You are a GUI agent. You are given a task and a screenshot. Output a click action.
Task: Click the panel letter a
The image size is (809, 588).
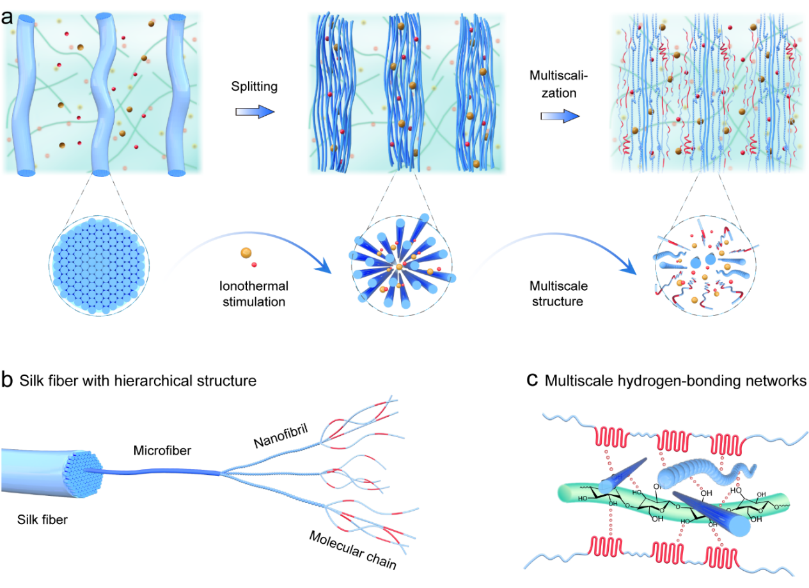(8, 17)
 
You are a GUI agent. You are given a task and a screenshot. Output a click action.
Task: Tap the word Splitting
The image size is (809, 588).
(255, 87)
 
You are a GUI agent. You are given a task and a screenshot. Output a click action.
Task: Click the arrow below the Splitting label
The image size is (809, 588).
(255, 112)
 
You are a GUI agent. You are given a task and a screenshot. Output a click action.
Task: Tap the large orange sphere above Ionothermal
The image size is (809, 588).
(246, 253)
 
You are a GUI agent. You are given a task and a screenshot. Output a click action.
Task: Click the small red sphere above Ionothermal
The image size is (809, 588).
(255, 264)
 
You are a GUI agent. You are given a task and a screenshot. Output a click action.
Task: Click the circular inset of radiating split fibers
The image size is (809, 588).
(402, 266)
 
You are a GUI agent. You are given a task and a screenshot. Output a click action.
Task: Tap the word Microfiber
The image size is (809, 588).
(162, 451)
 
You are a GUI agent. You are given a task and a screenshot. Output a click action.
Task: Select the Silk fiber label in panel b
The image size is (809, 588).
(42, 520)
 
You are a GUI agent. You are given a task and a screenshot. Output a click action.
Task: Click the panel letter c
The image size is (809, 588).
(531, 381)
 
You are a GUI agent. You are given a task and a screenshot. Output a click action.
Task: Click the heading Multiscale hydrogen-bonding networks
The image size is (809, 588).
(676, 382)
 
